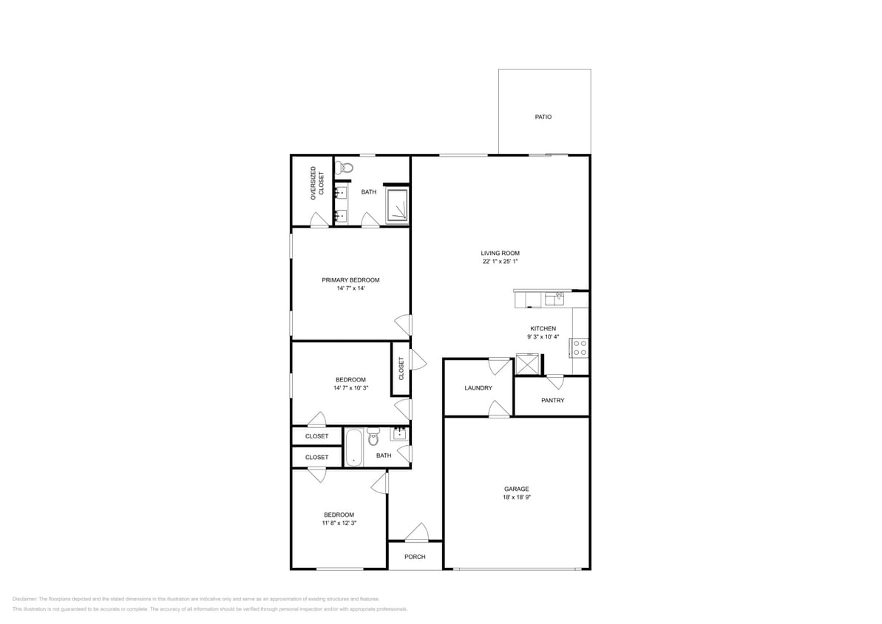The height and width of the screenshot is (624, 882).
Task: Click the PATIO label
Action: point(543,117)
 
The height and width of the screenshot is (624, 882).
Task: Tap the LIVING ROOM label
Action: point(500,253)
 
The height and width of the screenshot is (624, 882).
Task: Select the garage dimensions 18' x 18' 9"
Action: point(516,498)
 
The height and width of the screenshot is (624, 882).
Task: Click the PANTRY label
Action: point(552,400)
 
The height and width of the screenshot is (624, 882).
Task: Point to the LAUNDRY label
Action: point(478,387)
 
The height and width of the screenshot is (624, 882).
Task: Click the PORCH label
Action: point(415,557)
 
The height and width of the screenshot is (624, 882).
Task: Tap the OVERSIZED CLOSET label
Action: point(317,183)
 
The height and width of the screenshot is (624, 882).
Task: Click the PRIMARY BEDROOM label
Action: point(350,279)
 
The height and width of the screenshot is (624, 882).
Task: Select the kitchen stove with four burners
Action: point(580,347)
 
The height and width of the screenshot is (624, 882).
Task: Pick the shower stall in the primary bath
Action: point(397,206)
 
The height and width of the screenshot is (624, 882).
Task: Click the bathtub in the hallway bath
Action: point(354,447)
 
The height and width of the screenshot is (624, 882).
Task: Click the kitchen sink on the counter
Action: point(554,299)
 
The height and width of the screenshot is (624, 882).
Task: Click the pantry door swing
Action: point(555,381)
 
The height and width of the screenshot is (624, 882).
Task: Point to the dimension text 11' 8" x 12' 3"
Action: point(339,523)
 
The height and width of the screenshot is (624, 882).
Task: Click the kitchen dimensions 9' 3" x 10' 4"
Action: point(543,336)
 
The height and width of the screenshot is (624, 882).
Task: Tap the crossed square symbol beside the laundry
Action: point(528,364)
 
